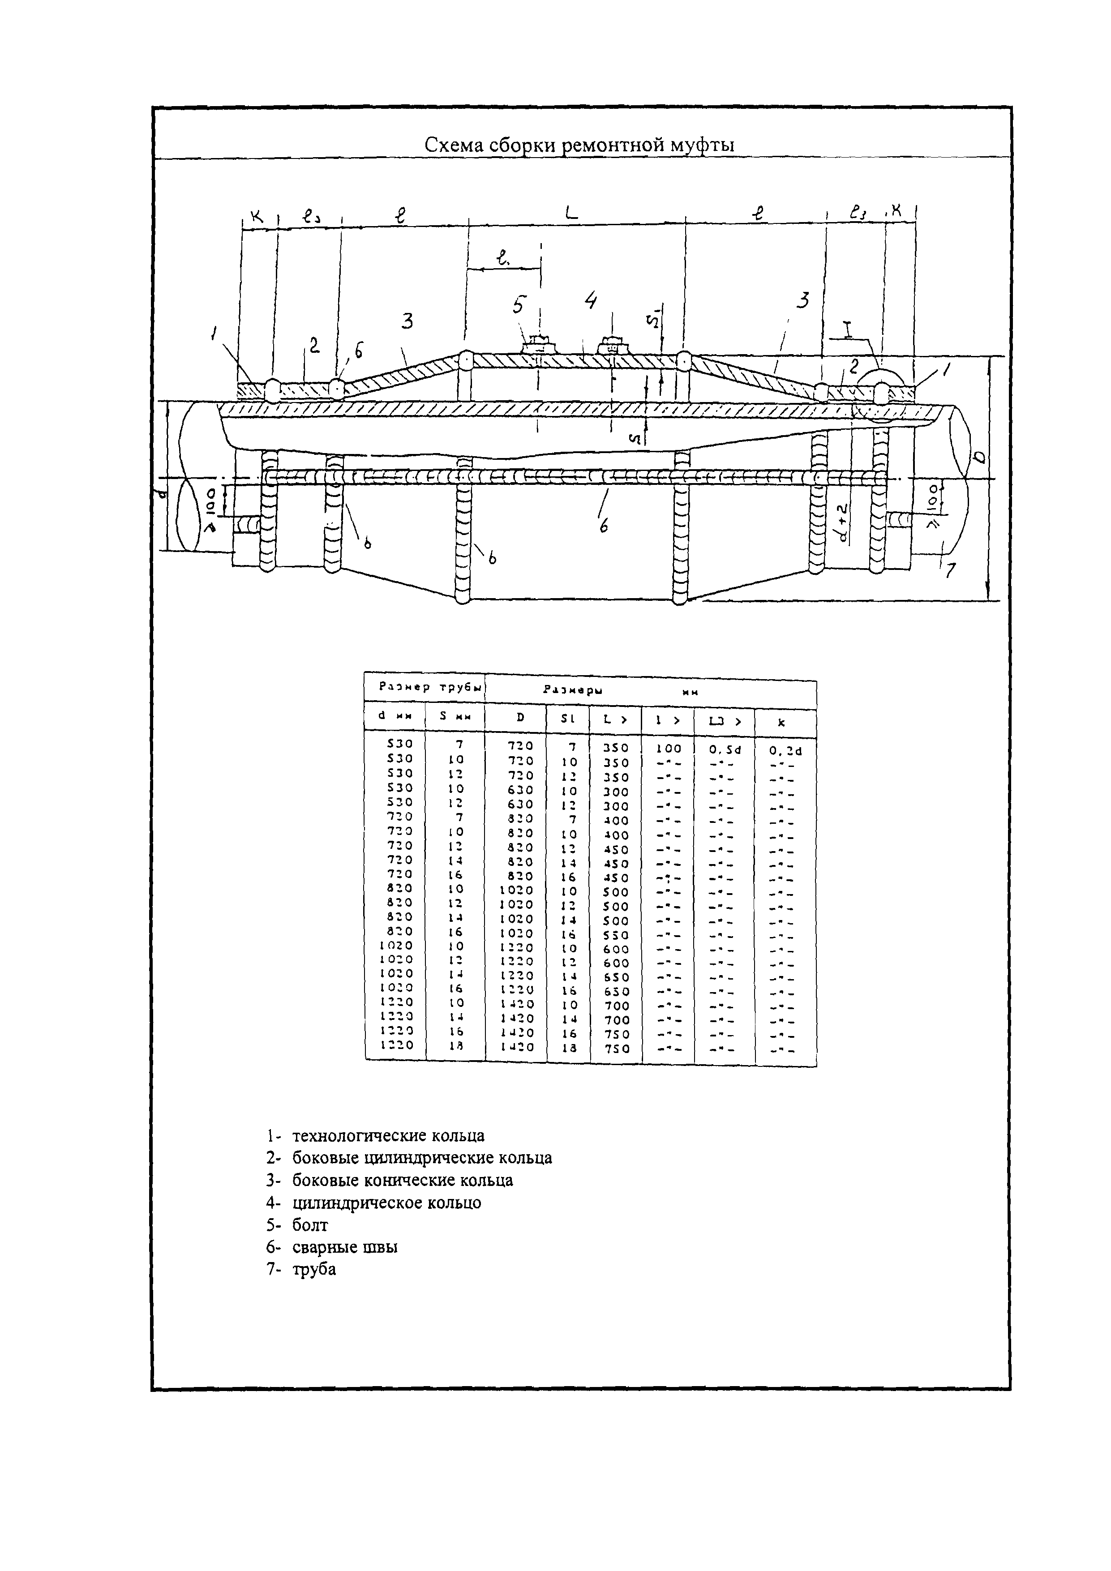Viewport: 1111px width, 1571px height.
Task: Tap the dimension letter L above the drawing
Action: (x=571, y=214)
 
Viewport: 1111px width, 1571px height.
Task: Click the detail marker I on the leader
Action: (x=847, y=330)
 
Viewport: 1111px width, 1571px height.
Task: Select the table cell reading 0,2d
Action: (x=785, y=751)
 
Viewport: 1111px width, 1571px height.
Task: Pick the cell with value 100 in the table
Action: (x=667, y=749)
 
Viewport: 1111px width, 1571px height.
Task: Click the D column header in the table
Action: (x=520, y=718)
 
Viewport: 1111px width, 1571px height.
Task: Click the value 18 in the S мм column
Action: (x=457, y=1045)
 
